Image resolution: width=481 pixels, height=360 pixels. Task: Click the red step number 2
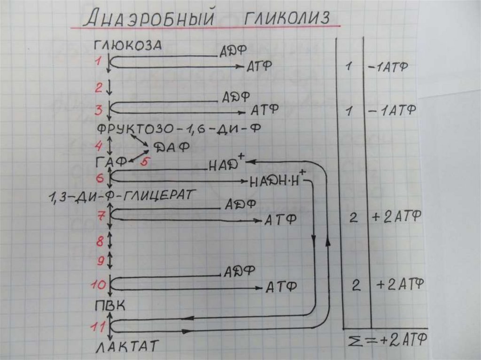pos(98,87)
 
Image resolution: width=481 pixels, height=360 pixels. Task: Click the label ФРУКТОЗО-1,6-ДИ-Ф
pos(179,128)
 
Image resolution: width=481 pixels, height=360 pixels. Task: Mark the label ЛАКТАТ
pos(127,347)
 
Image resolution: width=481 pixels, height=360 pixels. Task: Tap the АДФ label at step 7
pos(240,204)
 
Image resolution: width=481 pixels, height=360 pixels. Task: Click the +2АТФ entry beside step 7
pos(396,217)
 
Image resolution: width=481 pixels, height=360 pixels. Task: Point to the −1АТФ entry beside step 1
pos(388,67)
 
